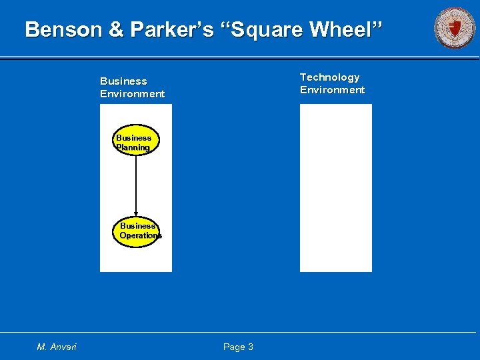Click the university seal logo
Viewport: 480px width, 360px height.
tap(455, 28)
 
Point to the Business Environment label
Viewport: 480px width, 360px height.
tap(132, 87)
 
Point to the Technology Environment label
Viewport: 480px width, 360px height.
tap(332, 83)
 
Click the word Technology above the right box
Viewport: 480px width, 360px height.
tap(329, 77)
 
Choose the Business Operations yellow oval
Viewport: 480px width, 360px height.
tap(137, 231)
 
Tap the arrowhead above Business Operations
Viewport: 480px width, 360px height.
tap(136, 213)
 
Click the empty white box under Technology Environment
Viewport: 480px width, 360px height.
tap(335, 188)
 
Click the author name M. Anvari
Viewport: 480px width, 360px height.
tap(57, 347)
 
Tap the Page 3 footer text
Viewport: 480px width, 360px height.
tap(238, 347)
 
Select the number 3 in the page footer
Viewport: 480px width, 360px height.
tap(250, 347)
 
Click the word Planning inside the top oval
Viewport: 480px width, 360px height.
tap(133, 147)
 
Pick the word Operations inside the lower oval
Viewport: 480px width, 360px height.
tap(140, 235)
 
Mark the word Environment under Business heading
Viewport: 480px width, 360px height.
tap(132, 94)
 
